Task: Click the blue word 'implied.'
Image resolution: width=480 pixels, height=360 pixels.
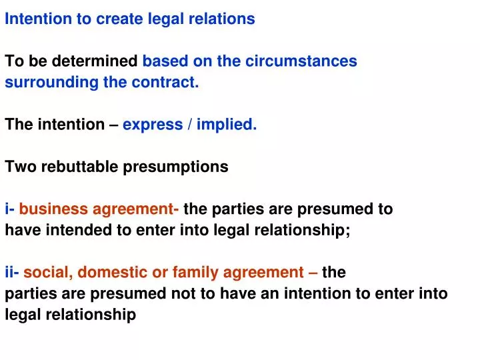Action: tap(229, 125)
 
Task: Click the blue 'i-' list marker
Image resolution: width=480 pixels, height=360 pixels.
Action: tap(10, 209)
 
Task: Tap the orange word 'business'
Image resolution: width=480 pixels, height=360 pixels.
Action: tap(53, 209)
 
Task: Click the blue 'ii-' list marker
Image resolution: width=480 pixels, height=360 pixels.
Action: tap(13, 272)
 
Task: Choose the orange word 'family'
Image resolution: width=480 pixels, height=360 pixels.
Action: tap(193, 272)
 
